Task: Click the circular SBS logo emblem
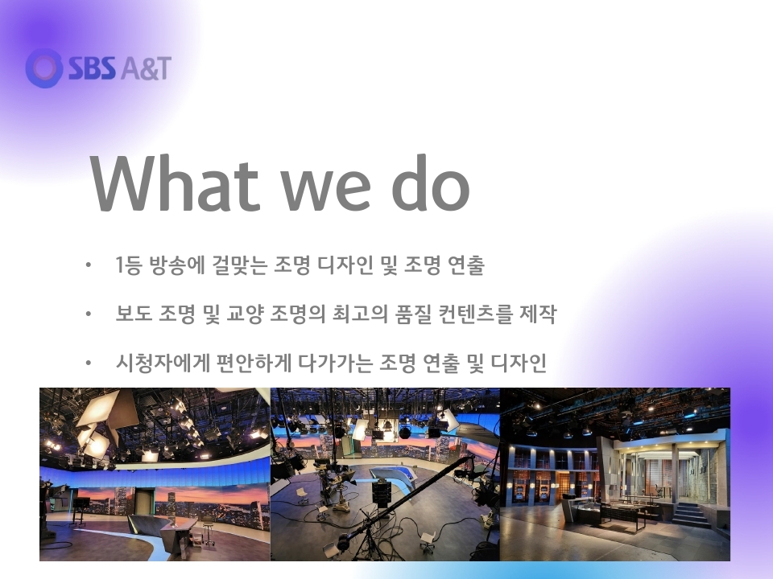(x=44, y=68)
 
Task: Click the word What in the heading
(x=175, y=183)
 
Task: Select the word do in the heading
(x=430, y=183)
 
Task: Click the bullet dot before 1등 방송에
(x=89, y=265)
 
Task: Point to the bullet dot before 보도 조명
(x=89, y=314)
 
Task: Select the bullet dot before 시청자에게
(x=89, y=363)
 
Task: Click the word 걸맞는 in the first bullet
(x=240, y=265)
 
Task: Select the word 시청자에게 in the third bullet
(x=162, y=363)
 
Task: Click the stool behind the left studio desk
(x=209, y=532)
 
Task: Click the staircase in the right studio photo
(x=690, y=515)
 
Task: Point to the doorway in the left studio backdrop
(x=143, y=501)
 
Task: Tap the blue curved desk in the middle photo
(x=395, y=477)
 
